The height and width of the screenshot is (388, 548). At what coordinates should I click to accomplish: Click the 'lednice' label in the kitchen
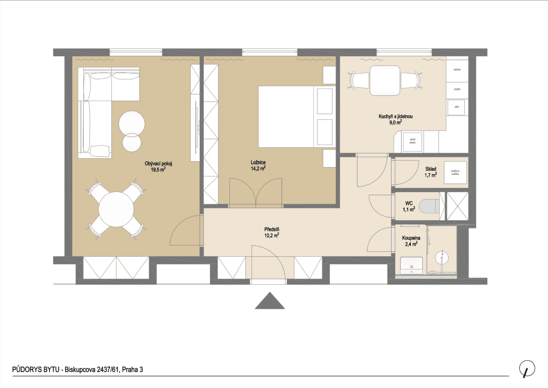pos(457,70)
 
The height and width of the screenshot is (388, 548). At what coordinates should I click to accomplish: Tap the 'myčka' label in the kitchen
pos(457,89)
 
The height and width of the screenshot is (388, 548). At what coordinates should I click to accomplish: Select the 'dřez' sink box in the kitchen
pos(456,107)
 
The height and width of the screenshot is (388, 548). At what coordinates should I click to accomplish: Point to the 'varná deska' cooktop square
pos(412,142)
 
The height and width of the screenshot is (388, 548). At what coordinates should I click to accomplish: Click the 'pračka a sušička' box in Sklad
pos(455,173)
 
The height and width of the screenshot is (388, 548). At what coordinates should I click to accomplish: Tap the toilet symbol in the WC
pos(429,206)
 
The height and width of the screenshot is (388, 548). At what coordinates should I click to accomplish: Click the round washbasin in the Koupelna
pos(442,258)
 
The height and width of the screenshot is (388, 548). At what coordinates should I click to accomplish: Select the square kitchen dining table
pos(385,81)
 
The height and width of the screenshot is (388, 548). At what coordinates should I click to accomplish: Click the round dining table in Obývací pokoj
pos(116,210)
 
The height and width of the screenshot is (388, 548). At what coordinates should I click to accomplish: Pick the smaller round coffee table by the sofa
pos(132,142)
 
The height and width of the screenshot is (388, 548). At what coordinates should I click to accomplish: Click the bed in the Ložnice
pos(286,117)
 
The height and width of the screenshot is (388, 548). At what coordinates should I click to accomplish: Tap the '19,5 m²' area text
pos(158,169)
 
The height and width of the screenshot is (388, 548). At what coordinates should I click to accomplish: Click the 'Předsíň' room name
pos(272,229)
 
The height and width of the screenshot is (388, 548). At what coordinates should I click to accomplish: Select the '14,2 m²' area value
pos(258,168)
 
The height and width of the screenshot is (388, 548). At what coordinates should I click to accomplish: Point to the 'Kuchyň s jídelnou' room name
pos(395,116)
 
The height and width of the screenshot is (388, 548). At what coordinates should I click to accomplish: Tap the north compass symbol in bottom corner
pos(527,369)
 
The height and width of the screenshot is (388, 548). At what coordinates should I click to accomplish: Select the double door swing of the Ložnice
pos(256,192)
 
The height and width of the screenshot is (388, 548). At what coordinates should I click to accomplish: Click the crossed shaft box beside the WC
pos(457,206)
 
